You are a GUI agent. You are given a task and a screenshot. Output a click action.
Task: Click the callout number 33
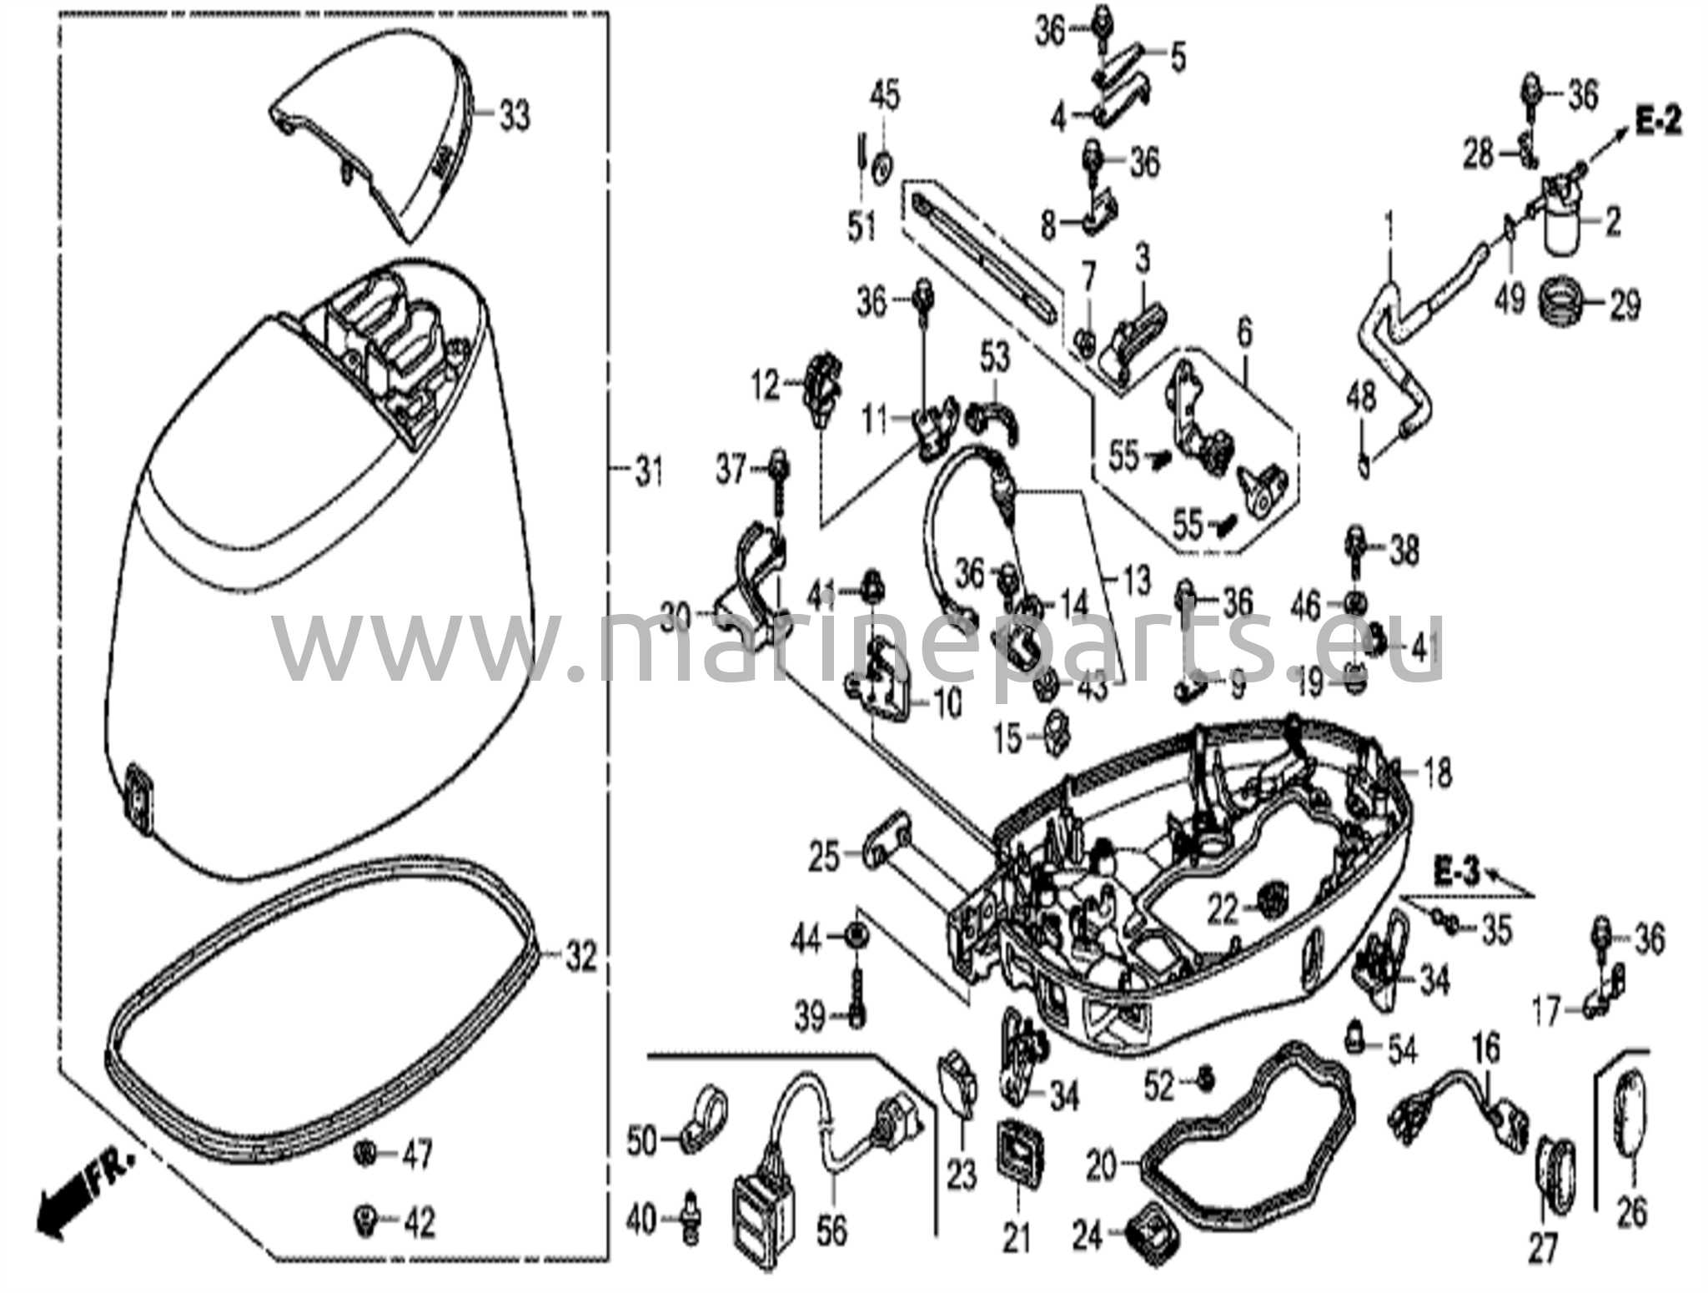point(514,116)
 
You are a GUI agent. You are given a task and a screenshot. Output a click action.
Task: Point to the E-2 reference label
point(1657,123)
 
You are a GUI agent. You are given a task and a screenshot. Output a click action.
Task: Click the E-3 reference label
point(1456,873)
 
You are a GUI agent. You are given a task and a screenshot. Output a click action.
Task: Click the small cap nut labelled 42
point(364,1221)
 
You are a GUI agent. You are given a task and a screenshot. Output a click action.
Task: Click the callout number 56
point(831,1230)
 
